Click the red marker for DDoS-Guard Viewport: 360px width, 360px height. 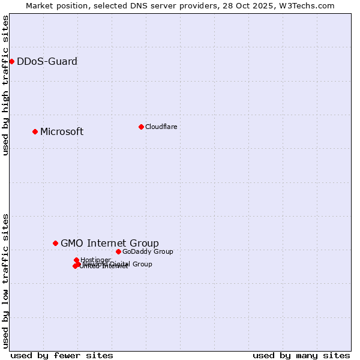(11, 61)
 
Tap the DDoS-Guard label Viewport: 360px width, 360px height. (47, 61)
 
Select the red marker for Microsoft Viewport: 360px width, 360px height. (35, 131)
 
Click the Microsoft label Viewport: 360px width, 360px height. (62, 132)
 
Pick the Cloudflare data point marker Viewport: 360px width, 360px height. (141, 127)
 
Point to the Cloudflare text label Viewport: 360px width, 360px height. (161, 127)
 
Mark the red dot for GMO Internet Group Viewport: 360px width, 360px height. (55, 243)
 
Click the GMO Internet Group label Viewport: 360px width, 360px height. (110, 243)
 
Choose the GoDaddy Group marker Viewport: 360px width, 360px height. (118, 251)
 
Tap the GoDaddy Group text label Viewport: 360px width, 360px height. (148, 251)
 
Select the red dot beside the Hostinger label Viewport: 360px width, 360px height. (76, 260)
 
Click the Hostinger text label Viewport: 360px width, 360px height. (96, 260)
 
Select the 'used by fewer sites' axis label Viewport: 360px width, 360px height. (62, 355)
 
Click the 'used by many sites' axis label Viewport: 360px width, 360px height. (301, 355)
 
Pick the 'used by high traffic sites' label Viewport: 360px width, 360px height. (5, 85)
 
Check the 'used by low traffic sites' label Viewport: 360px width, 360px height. (5, 280)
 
